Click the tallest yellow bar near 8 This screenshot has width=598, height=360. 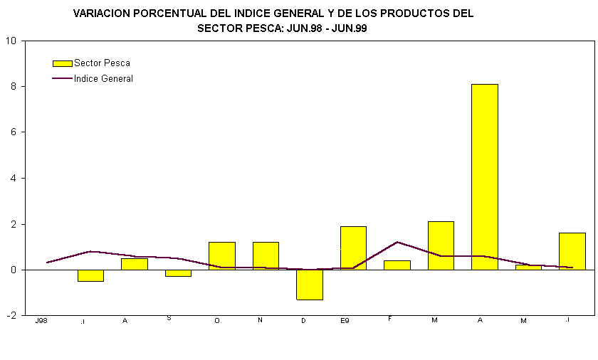point(484,176)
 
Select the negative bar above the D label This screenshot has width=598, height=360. point(310,285)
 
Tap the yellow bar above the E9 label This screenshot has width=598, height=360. point(353,248)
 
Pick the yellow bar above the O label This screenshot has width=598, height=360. point(221,256)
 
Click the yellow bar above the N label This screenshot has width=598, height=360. point(266,256)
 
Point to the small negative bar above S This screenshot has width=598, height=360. point(178,273)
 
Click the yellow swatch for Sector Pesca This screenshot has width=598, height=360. point(63,63)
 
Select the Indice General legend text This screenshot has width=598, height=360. point(103,79)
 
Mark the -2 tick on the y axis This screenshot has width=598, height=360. point(12,316)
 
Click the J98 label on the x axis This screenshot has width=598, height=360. point(41,321)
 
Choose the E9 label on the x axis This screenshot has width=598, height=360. point(345,321)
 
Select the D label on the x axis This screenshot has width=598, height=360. point(303,321)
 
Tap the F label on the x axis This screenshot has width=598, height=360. point(391,319)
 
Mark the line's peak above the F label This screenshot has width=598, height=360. point(397,242)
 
